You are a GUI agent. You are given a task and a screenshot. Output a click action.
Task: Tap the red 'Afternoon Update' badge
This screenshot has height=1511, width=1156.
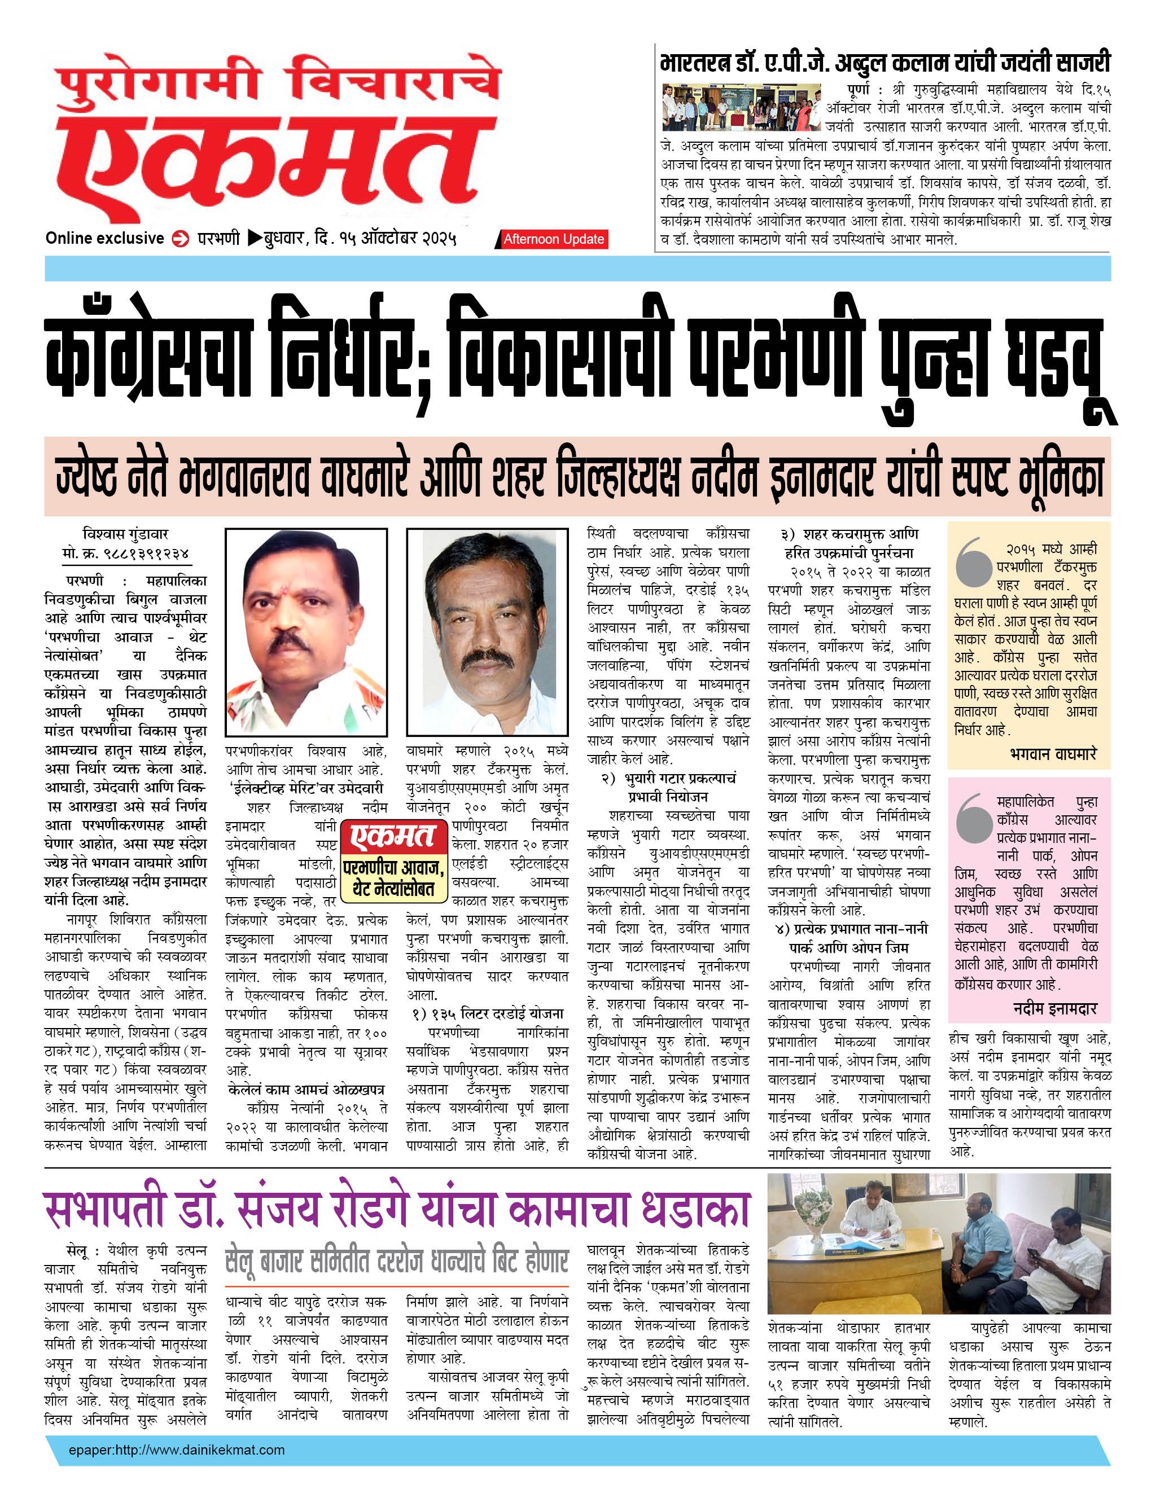tap(553, 239)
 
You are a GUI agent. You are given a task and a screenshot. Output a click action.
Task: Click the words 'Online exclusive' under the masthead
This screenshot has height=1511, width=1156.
tap(104, 238)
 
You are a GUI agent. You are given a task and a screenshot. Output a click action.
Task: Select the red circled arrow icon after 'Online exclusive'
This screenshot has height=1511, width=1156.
tap(180, 239)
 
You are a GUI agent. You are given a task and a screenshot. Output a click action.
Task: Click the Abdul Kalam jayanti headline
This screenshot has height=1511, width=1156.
tap(884, 63)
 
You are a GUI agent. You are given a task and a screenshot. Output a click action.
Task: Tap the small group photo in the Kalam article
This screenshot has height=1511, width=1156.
tap(741, 107)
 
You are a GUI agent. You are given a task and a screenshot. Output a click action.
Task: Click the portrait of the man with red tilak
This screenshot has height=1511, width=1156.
tap(305, 632)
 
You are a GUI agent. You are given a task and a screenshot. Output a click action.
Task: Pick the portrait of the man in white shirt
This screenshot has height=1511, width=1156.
tap(487, 632)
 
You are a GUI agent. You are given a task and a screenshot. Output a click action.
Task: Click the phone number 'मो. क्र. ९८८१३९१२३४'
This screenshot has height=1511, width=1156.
tap(125, 553)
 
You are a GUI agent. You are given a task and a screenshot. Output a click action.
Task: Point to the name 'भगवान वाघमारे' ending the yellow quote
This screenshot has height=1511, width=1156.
tap(1053, 753)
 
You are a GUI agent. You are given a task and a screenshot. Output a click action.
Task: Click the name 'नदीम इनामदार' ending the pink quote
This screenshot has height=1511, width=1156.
tap(1055, 1008)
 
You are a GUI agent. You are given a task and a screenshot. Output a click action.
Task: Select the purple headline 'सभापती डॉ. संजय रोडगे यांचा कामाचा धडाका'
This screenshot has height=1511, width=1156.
tap(396, 1209)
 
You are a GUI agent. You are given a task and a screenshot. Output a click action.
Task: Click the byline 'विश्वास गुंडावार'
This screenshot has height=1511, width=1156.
tap(125, 534)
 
